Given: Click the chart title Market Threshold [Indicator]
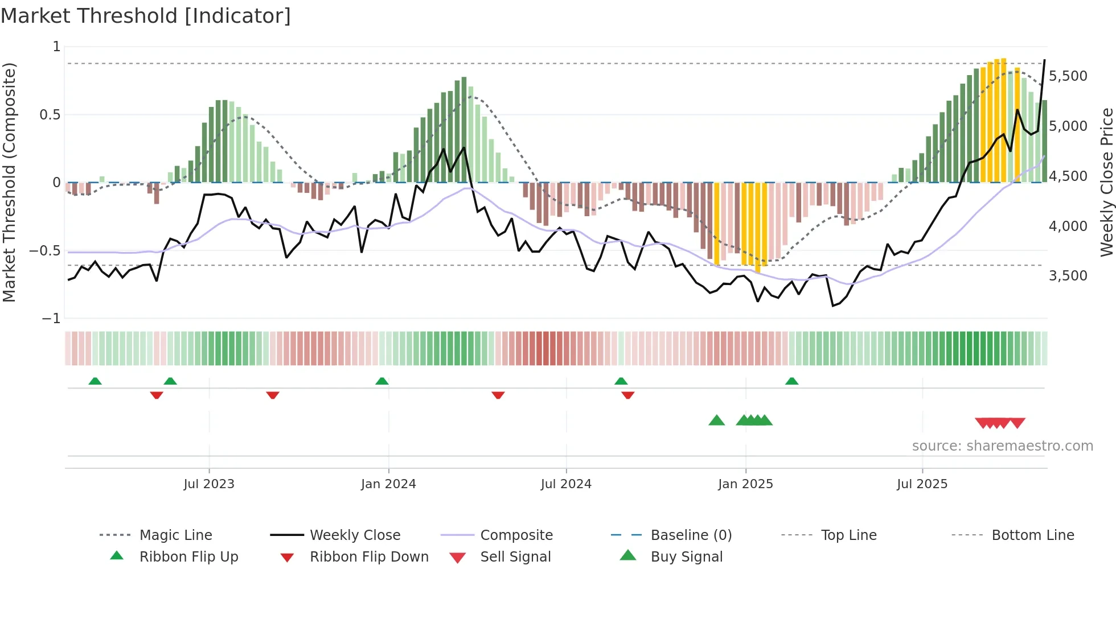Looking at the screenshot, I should point(146,16).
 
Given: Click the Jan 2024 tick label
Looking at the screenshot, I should point(388,484).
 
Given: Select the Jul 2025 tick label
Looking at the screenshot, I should point(922,484).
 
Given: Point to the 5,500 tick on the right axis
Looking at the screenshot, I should point(1068,76).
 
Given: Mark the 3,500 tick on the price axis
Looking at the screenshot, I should point(1068,276).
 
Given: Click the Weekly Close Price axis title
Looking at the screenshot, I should point(1106,182).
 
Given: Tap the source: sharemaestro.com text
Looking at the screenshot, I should point(1002,445).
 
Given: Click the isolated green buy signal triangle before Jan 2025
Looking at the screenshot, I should point(716,420).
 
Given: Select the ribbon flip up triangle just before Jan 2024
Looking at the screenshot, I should point(382,381).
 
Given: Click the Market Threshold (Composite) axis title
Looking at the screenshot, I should point(9,182).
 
